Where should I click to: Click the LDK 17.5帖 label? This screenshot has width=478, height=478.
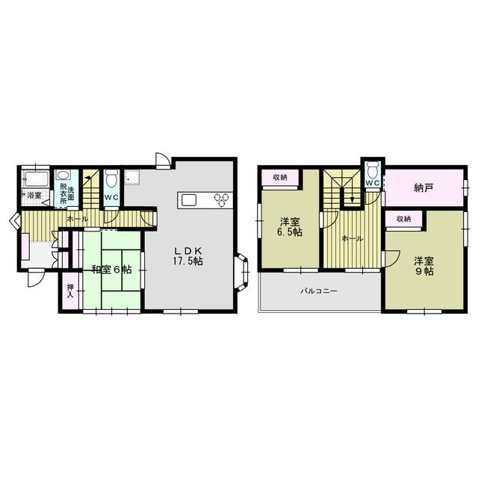point(189,256)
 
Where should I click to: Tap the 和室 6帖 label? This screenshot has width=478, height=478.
point(112,270)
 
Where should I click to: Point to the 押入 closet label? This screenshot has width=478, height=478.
point(70,291)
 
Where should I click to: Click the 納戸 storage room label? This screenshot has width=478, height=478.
point(423,188)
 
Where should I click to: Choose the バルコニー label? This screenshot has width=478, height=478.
point(319,291)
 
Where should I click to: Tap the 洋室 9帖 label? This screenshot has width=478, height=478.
point(423,266)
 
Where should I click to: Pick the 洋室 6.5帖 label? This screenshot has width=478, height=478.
point(289,227)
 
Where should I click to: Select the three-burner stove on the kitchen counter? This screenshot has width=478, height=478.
point(222,200)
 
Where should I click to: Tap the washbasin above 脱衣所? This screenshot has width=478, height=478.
point(63,175)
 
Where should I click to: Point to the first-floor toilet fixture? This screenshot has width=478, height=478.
point(111,177)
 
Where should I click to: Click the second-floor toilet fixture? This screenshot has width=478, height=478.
point(373,169)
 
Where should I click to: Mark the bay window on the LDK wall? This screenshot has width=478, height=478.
point(242,270)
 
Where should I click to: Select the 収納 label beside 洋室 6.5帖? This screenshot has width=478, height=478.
point(280,177)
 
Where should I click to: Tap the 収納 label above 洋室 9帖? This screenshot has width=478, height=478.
point(403,219)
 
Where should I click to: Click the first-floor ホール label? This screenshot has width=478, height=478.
point(78,219)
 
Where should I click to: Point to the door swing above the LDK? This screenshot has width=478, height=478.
point(162,160)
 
